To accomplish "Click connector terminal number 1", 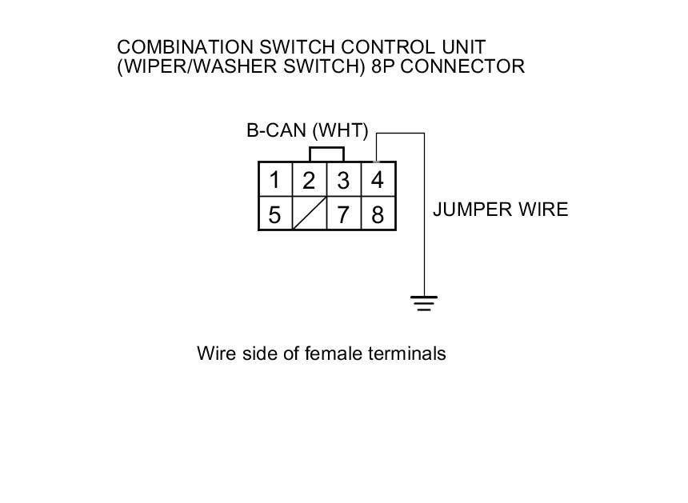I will pos(274,180).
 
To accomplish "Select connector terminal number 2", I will pos(309,181).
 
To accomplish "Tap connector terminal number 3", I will pos(343,181).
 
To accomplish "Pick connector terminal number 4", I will pos(378,180).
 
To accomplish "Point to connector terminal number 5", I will pos(274,214).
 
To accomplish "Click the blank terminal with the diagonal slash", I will pos(309,214).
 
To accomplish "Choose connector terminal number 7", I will pos(343,214).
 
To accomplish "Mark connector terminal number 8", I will pos(378,214).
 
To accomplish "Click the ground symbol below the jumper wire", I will pos(424,302).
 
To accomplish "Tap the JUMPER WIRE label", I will pos(500,210).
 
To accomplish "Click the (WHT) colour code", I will pos(340,131).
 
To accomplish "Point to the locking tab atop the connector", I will pos(326,154).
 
